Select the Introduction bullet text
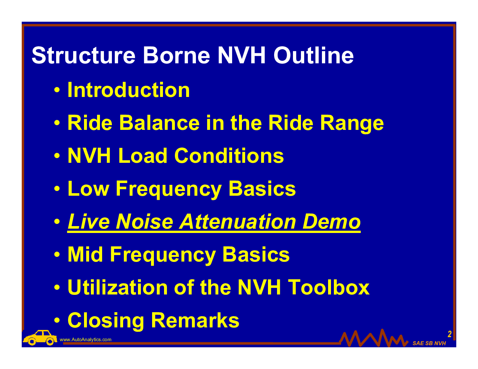tap(129, 90)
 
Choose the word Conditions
tap(229, 156)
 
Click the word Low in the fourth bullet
tap(88, 188)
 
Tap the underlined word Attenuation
tap(238, 221)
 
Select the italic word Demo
tap(331, 221)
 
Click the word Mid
tap(85, 254)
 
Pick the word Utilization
tap(118, 287)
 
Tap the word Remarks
tap(195, 320)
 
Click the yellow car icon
tap(40, 338)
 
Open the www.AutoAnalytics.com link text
tap(85, 340)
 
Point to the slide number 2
tap(450, 334)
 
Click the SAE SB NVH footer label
tap(429, 343)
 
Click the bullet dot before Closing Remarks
tap(57, 320)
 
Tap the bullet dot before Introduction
tap(57, 90)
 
